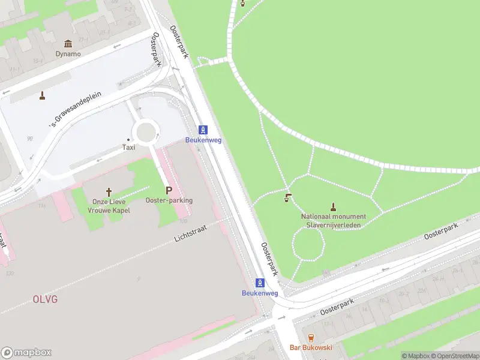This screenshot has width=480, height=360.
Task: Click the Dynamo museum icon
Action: (x=68, y=44)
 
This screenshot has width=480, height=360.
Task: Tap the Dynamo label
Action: (x=68, y=53)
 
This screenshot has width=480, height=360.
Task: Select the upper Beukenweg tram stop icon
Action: (x=204, y=130)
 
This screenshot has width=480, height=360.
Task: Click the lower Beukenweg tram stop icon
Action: (x=260, y=283)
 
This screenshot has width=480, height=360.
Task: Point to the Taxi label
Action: (x=128, y=147)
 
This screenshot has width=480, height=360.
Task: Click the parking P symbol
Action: (x=169, y=190)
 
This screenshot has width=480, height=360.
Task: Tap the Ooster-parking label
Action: (x=169, y=200)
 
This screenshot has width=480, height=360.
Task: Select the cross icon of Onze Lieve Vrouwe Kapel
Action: (x=109, y=192)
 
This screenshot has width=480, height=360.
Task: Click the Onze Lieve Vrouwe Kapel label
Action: (x=109, y=206)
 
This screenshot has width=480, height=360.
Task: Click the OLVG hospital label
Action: (x=45, y=298)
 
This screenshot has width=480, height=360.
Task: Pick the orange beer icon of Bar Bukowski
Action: (x=311, y=338)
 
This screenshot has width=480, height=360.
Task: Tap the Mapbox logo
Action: (x=26, y=352)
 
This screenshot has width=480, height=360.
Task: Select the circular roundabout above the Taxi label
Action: (x=146, y=130)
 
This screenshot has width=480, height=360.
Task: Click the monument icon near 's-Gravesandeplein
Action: (x=42, y=95)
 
